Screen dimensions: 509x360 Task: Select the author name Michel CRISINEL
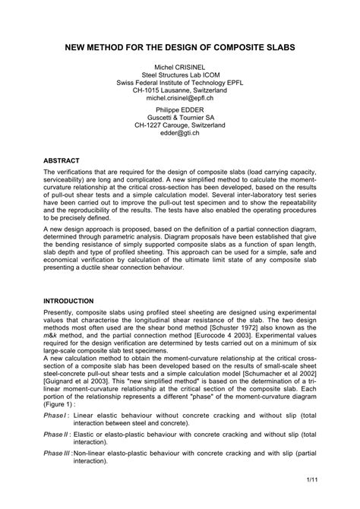(180, 67)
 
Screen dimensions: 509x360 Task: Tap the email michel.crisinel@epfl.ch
(180, 98)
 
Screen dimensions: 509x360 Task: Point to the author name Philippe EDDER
(180, 109)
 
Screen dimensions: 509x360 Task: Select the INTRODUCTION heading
(68, 301)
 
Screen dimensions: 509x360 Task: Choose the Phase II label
(57, 434)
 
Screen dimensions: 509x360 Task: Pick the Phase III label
(58, 453)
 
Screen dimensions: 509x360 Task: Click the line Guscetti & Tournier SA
(180, 120)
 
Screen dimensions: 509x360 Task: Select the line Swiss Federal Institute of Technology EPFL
(180, 82)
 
